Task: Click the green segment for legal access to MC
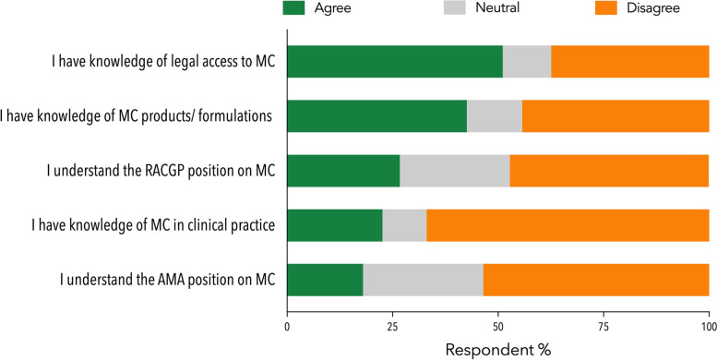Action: tap(395, 62)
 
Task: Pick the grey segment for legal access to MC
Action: tap(527, 62)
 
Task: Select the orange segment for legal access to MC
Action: tap(630, 62)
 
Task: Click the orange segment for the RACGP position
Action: tap(609, 170)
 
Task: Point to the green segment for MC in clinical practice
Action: tap(335, 224)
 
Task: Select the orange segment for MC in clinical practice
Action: tap(568, 224)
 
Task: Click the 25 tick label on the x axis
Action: tap(393, 327)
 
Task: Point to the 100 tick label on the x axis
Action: tap(708, 327)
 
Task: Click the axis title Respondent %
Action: tap(497, 350)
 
